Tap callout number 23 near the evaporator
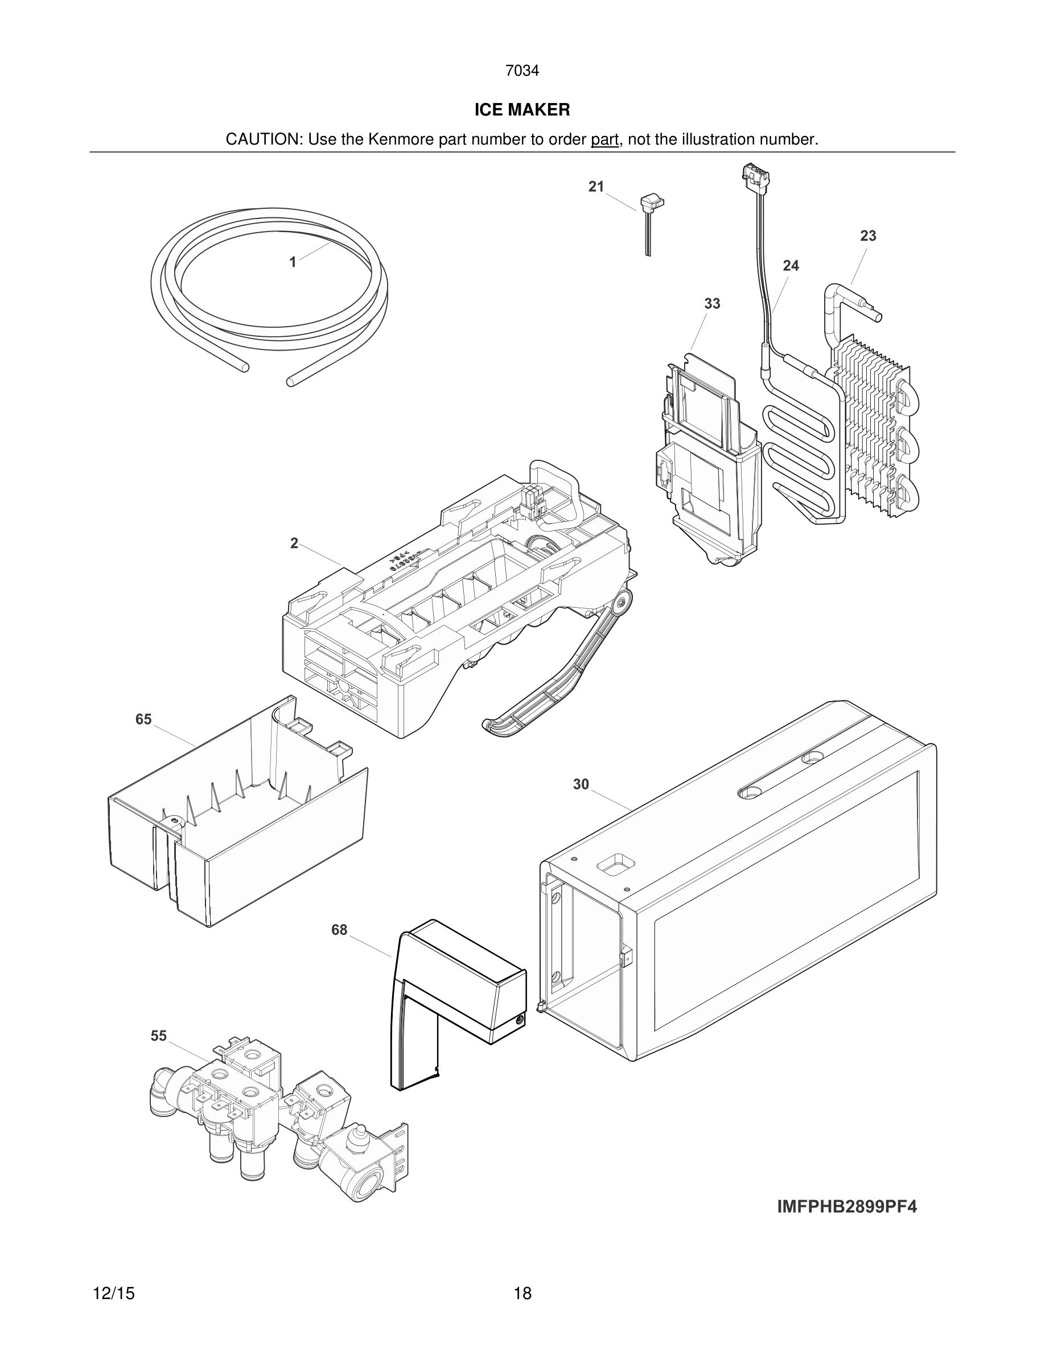pos(868,236)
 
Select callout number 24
pos(791,266)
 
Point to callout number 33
pos(712,304)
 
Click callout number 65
pos(143,719)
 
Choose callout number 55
pos(158,1036)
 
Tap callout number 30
pos(581,784)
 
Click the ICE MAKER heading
pos(522,110)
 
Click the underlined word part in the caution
pos(604,140)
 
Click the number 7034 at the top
pos(522,71)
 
